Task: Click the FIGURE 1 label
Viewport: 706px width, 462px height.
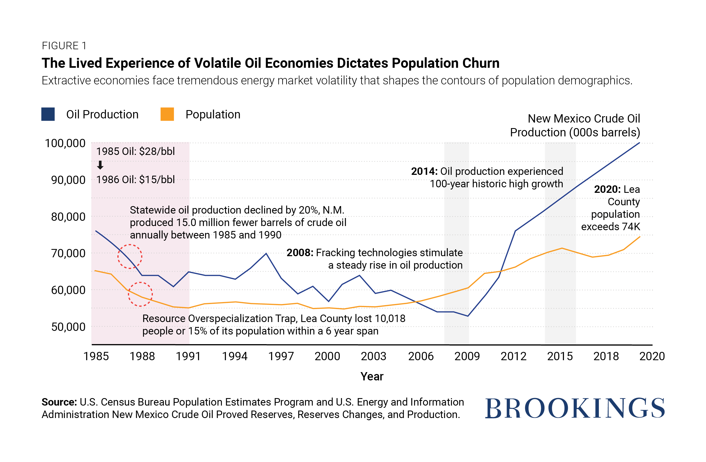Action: (64, 46)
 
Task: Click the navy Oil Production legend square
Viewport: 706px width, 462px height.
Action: (48, 114)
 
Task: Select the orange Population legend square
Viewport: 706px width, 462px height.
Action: (167, 114)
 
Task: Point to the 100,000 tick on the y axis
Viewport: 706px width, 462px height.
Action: (65, 143)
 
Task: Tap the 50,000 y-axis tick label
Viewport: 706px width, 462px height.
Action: (68, 327)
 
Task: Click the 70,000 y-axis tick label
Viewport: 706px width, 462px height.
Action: (68, 253)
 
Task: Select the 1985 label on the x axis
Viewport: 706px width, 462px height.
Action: (96, 356)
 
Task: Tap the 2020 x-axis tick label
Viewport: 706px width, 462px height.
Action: (652, 356)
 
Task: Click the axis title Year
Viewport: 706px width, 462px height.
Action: (372, 376)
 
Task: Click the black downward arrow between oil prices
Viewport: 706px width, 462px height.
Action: (100, 165)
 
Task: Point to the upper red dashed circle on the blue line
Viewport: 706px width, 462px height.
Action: (130, 257)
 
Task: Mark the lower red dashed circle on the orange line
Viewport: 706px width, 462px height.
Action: (140, 294)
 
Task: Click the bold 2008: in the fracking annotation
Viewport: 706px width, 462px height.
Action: (300, 253)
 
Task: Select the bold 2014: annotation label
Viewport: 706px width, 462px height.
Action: (424, 171)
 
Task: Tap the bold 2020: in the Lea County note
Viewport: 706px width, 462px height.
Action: (607, 189)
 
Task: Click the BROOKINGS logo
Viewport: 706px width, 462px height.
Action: (574, 408)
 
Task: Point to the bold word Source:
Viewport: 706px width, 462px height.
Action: (59, 402)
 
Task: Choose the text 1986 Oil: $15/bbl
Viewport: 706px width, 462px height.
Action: (136, 180)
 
